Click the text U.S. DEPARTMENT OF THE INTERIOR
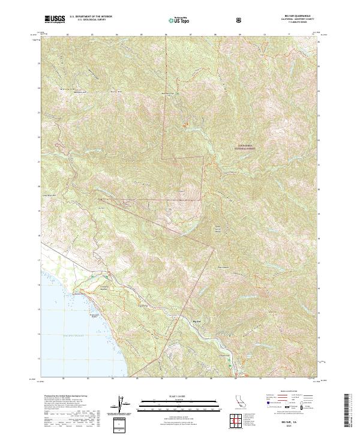pos(91,17)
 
